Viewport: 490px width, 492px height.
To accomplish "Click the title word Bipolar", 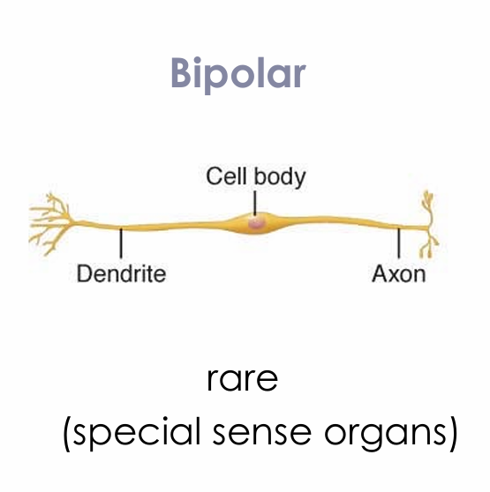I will pos(237,75).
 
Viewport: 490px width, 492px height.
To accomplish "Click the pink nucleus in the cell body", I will pos(256,224).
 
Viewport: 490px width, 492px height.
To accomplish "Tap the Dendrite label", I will pos(121,273).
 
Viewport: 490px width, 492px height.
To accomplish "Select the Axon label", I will pos(398,273).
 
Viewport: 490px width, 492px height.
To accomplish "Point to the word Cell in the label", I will pos(226,175).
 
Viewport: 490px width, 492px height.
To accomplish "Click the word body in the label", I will pos(278,176).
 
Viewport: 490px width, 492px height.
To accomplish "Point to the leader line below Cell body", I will pos(255,203).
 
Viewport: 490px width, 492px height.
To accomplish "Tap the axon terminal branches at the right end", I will pos(430,220).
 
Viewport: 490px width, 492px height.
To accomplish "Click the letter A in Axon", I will pos(380,273).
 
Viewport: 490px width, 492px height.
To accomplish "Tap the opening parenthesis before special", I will pos(67,436).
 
